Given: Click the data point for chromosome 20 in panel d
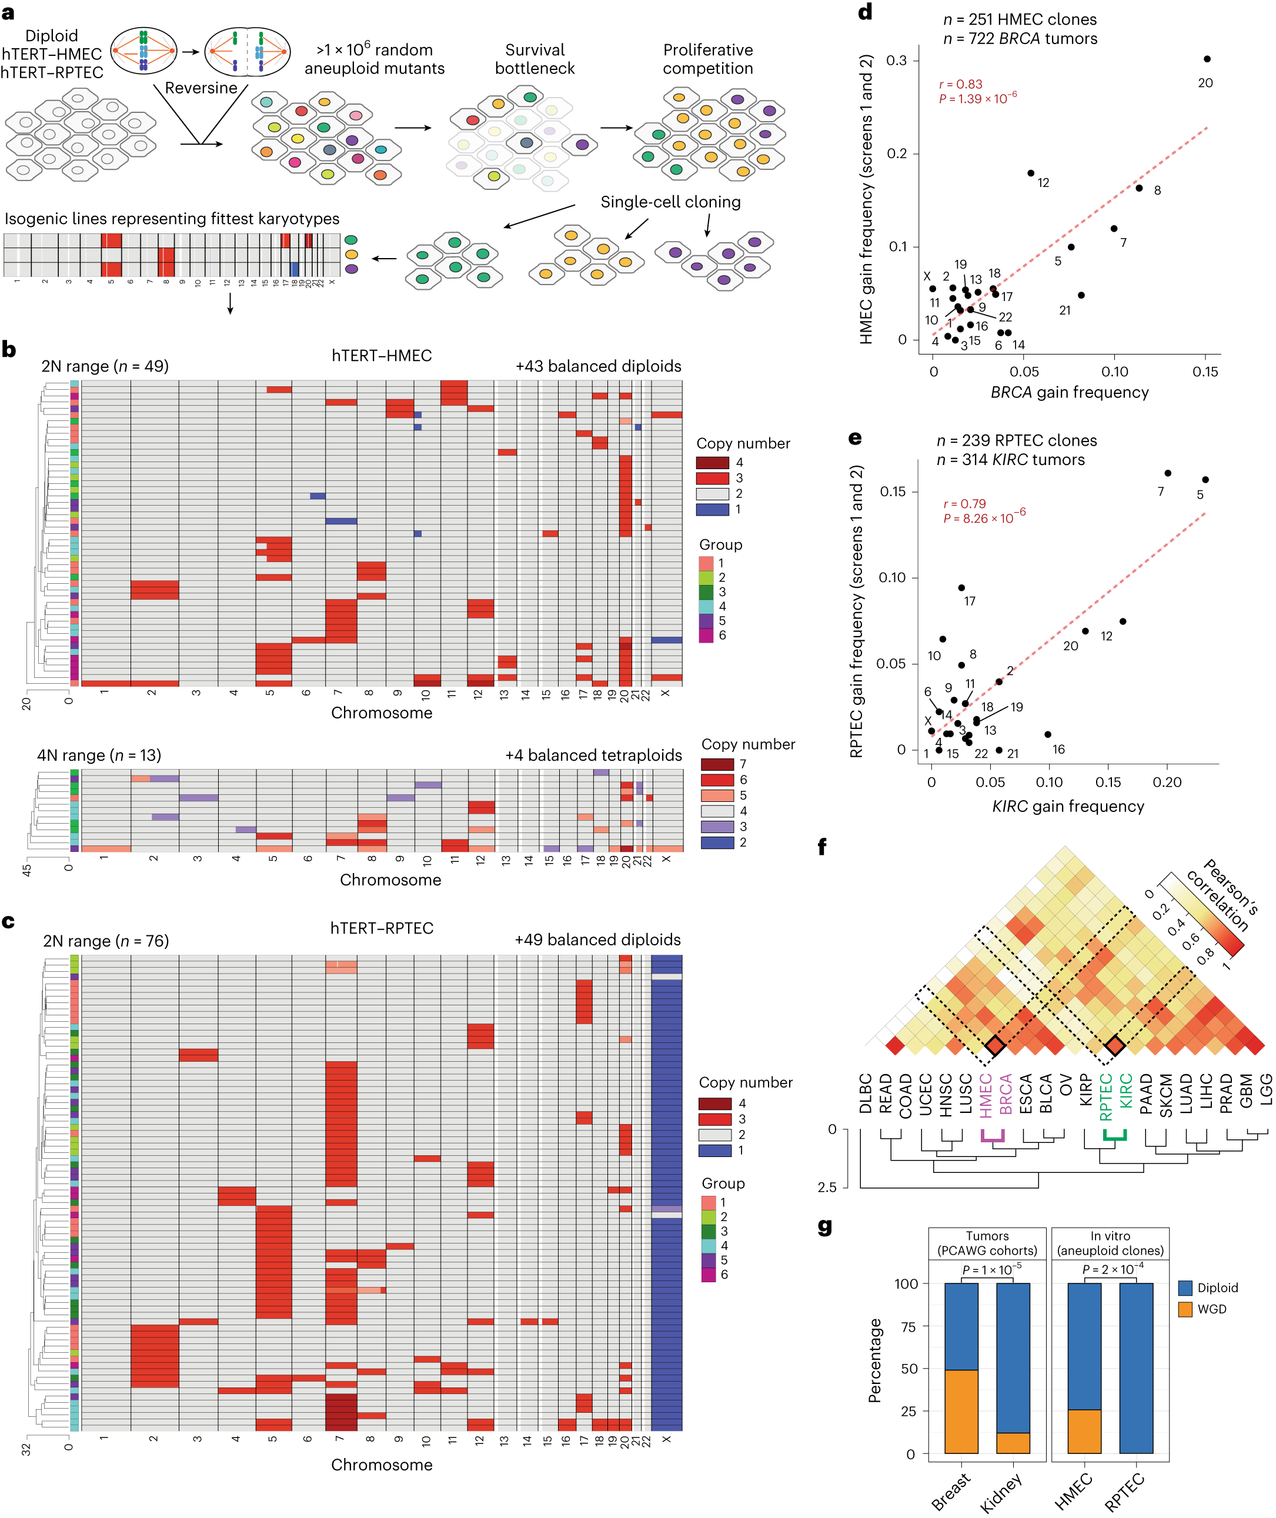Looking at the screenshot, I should point(1207,59).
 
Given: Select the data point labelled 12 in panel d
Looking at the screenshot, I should point(1030,173).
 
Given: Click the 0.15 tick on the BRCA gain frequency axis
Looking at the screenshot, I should point(1205,372).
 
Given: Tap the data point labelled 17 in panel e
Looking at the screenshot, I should point(961,588).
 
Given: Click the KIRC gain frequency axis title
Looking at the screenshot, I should point(1068,807).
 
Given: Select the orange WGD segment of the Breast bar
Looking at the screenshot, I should point(961,1411).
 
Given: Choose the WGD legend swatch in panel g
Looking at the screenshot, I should point(1185,1309).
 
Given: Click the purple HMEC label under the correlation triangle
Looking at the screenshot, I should point(985,1095).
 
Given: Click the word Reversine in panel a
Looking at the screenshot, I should point(201,88).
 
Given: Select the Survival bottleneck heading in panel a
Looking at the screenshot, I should point(535,59).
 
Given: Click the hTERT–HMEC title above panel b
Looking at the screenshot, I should point(381,356).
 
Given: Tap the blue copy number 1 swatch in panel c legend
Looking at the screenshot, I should point(714,1151).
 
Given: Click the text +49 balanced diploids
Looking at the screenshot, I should point(597,939).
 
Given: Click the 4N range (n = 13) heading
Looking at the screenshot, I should point(99,755).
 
